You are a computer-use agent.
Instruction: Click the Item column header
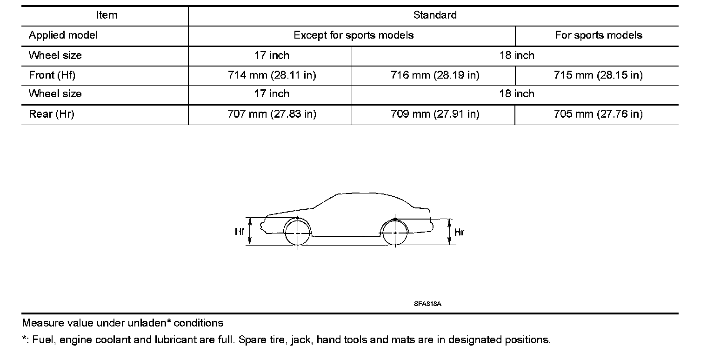tap(107, 15)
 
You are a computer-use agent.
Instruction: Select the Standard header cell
tap(435, 15)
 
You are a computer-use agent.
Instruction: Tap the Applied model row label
tap(63, 35)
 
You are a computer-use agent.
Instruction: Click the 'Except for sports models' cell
tap(353, 35)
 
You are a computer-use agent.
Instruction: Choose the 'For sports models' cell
tap(599, 35)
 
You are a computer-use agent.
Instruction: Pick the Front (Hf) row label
tap(52, 75)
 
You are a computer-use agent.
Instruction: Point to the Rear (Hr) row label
tap(52, 114)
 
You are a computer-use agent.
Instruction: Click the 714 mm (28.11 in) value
tap(272, 75)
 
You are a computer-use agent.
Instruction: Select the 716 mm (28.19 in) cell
tap(435, 75)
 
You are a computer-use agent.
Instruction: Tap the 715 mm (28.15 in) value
tap(598, 75)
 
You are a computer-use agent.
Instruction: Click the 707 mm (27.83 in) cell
tap(272, 114)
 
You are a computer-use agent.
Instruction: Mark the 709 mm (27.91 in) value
tap(435, 114)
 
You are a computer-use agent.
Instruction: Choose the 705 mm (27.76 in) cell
tap(598, 114)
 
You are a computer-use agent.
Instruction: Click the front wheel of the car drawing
tap(298, 232)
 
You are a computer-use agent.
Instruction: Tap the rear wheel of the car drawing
tap(395, 232)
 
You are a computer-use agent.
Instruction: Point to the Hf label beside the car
tap(240, 231)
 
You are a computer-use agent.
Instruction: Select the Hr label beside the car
tap(459, 232)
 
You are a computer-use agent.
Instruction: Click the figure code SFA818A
tap(427, 304)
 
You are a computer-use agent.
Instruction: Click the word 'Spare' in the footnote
tap(252, 340)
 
